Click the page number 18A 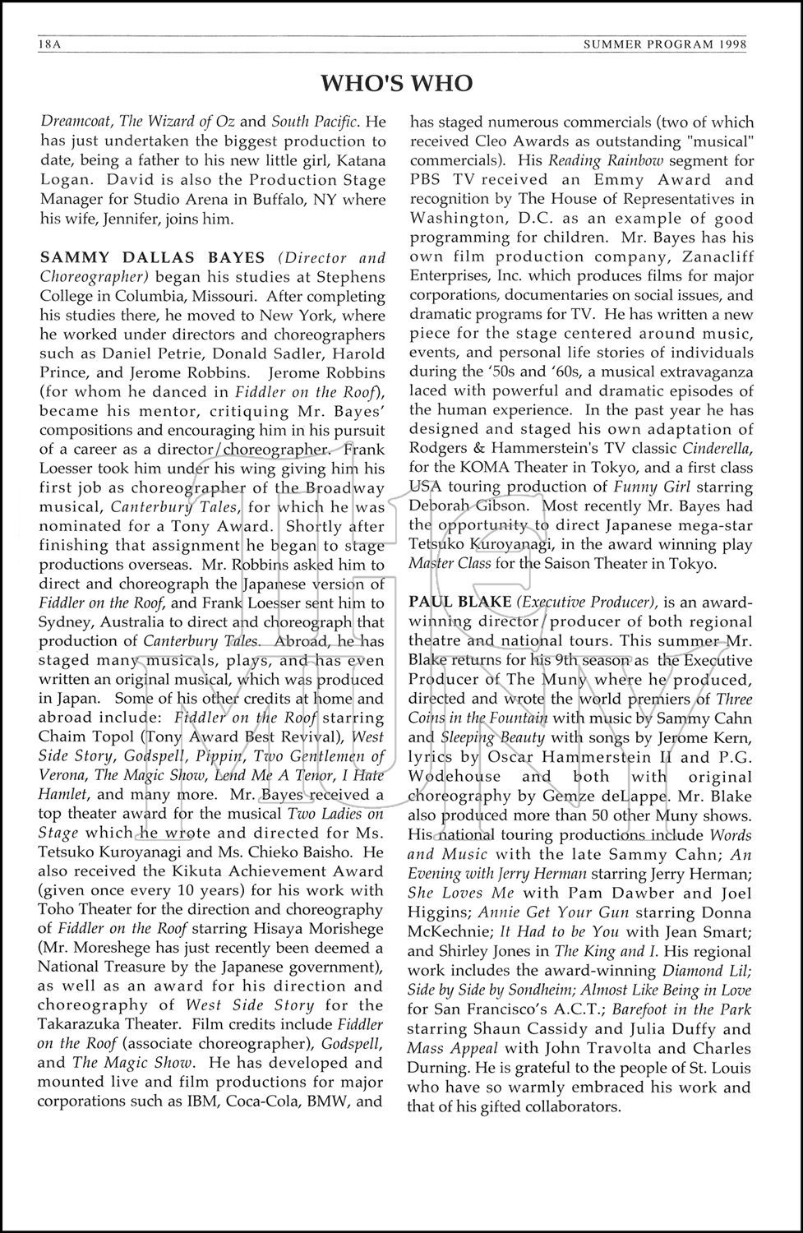[x=48, y=44]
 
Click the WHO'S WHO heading [x=396, y=83]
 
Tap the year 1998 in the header [x=729, y=44]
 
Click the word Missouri [x=226, y=296]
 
